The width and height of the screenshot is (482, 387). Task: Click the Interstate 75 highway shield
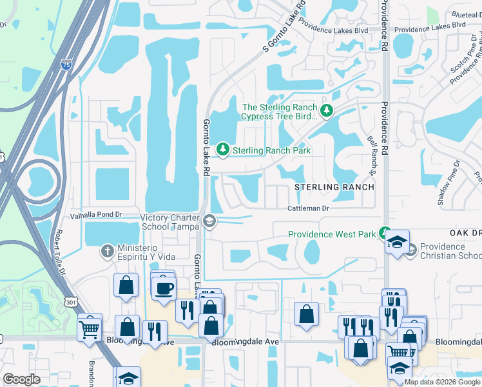click(65, 64)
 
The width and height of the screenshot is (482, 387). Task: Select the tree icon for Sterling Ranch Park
click(223, 150)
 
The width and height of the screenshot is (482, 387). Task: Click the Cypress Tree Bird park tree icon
click(327, 111)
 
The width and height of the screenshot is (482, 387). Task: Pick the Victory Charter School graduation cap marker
click(209, 222)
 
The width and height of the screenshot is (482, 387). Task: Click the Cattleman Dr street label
click(308, 208)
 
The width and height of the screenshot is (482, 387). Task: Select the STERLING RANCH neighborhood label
click(334, 187)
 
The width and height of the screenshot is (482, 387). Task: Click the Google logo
click(21, 379)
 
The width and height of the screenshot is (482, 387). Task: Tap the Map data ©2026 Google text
click(443, 382)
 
